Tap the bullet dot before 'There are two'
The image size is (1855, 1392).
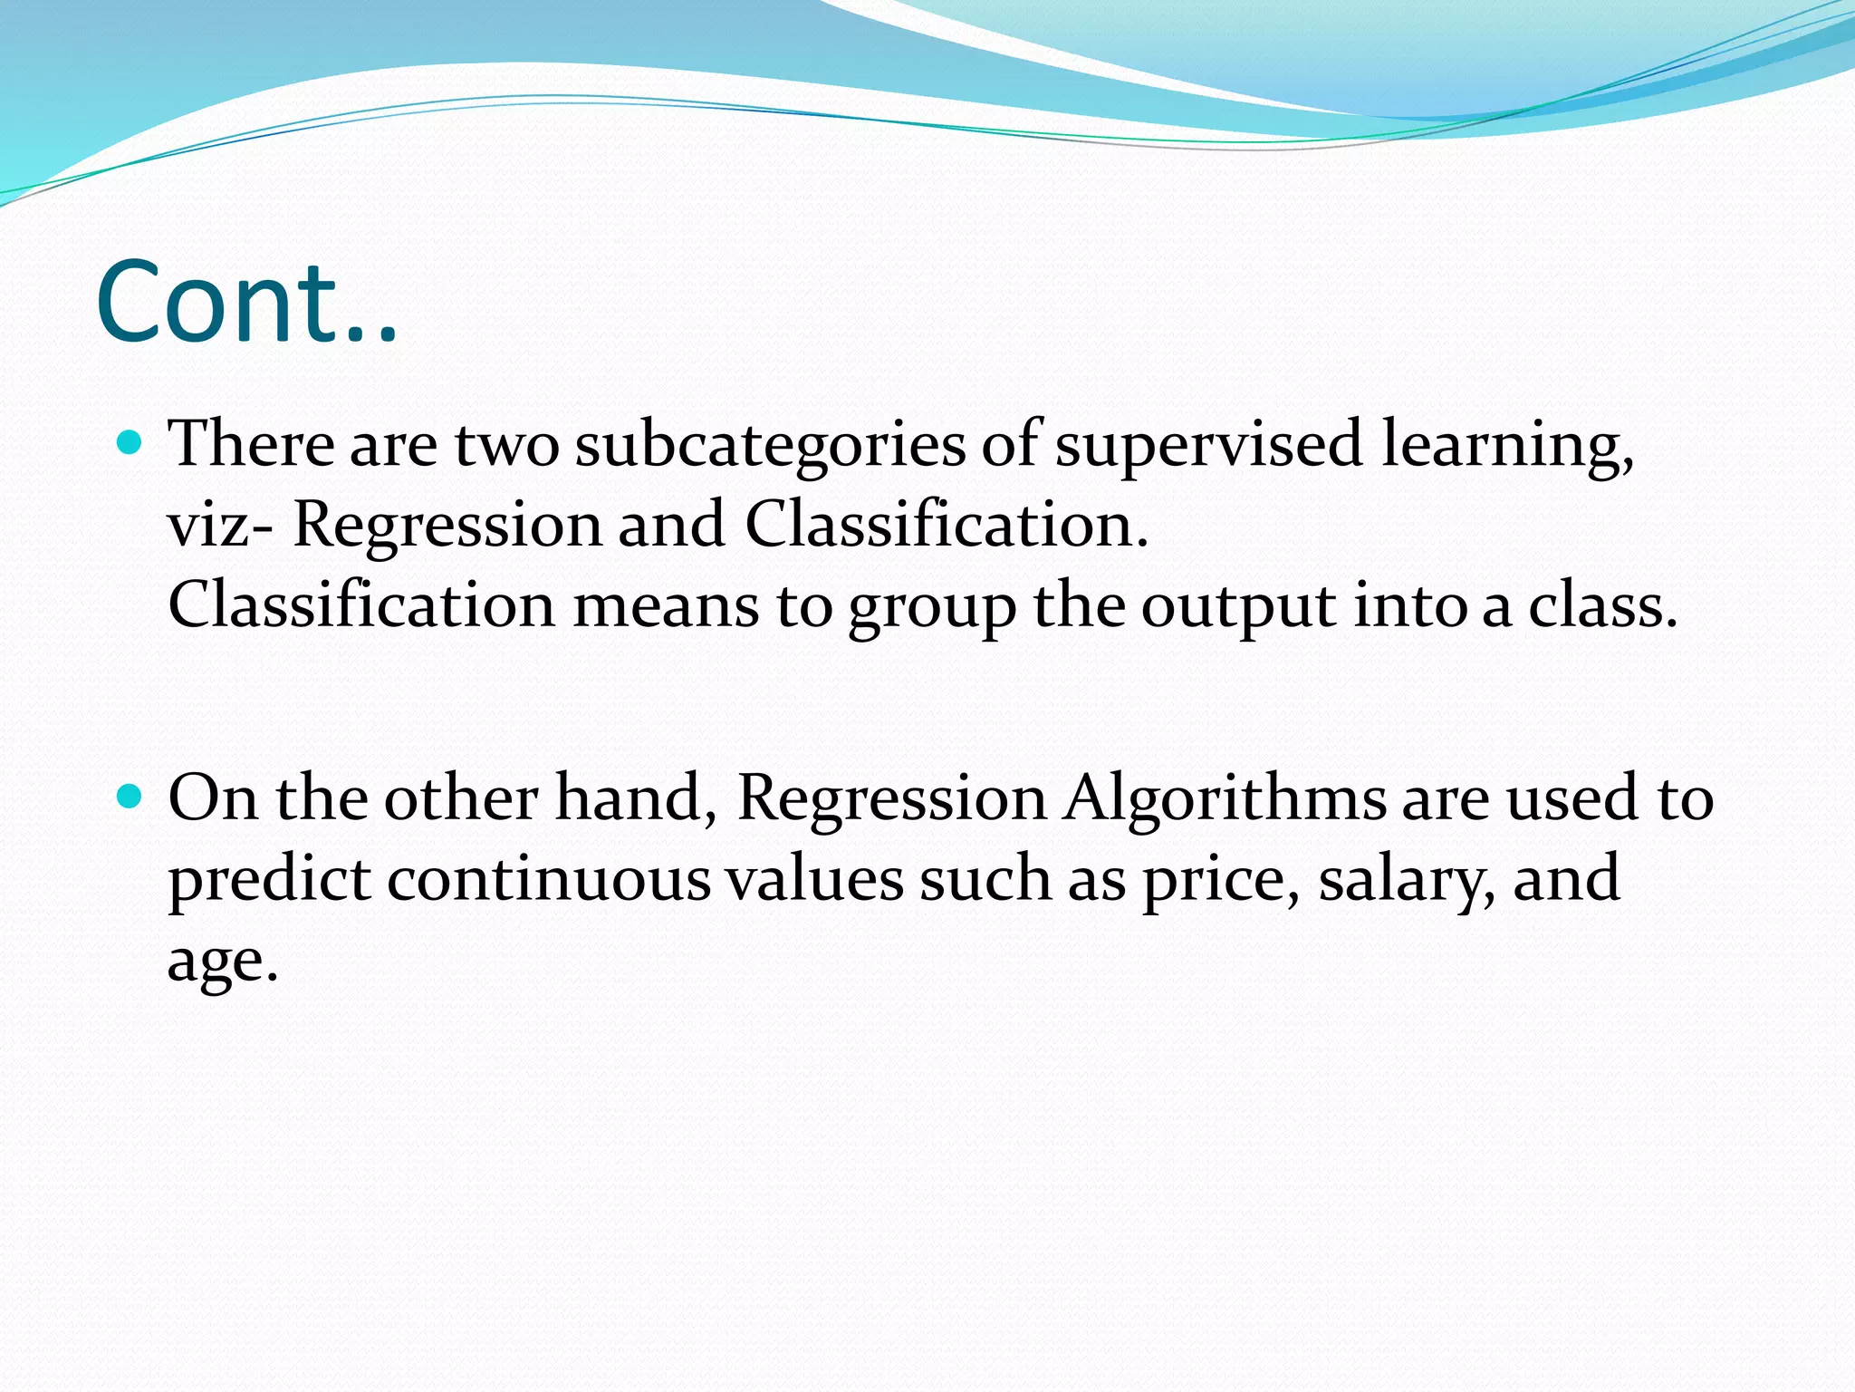(131, 442)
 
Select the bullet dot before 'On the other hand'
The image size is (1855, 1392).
(131, 797)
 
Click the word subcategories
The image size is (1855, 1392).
(770, 446)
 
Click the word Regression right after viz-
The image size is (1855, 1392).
(447, 527)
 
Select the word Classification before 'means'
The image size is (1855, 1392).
(360, 604)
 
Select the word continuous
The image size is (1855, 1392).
(549, 879)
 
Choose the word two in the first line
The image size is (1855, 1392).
(506, 446)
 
